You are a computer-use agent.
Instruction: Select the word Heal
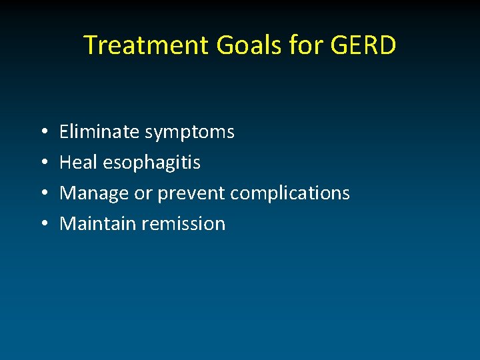[x=78, y=163]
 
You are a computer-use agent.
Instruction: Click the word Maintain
[x=97, y=224]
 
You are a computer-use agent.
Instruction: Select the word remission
[x=184, y=224]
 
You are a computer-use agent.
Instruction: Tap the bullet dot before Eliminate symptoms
[x=42, y=133]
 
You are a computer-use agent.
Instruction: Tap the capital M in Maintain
[x=67, y=224]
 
